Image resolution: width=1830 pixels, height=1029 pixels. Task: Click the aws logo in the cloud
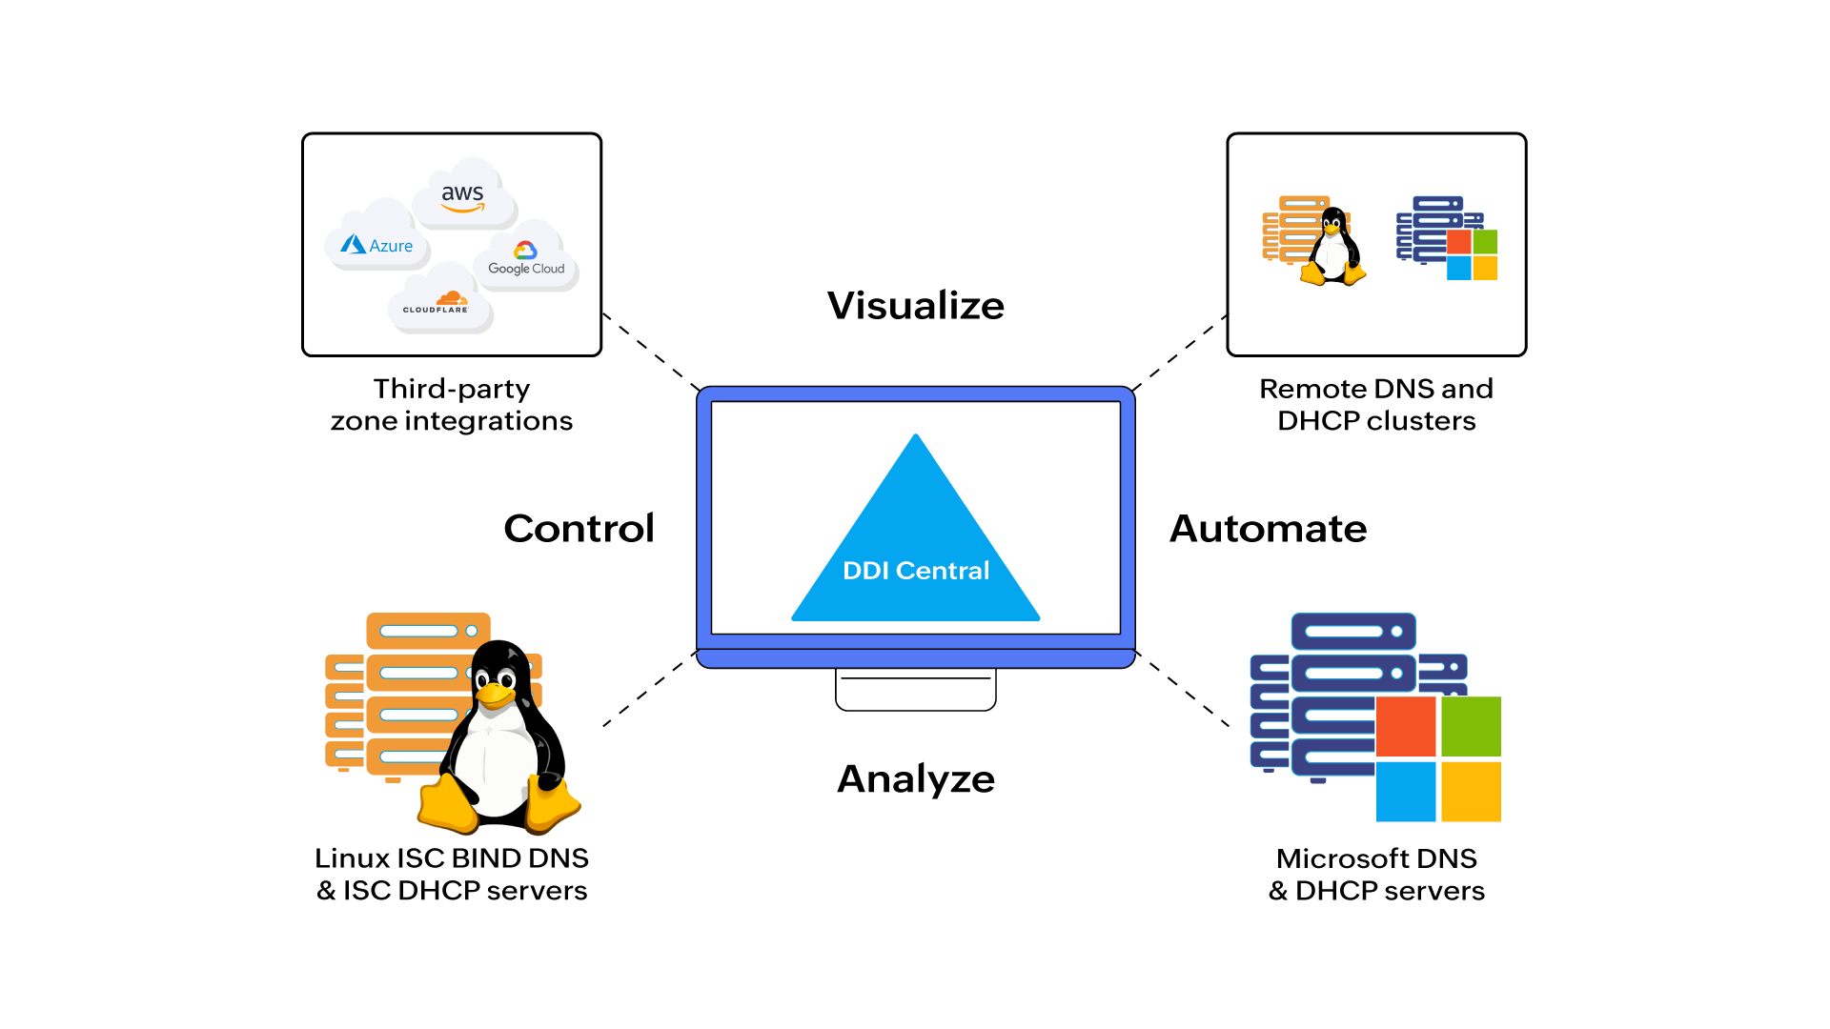462,196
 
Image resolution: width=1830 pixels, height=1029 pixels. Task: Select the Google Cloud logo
526,258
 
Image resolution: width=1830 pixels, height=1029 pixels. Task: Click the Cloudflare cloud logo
437,303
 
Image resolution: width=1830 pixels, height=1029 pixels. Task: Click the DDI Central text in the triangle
916,571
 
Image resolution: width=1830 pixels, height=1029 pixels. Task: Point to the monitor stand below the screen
916,688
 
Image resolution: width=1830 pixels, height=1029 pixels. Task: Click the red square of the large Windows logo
1406,726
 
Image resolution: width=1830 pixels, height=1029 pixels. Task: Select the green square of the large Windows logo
1471,726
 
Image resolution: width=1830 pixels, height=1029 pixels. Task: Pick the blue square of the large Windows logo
1406,791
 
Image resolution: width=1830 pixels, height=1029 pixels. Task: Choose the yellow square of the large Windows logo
1471,791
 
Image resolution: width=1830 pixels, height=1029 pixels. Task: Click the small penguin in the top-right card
1334,246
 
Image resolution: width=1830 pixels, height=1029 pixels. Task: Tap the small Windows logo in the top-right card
1472,254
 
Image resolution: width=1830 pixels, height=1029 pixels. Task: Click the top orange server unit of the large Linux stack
428,631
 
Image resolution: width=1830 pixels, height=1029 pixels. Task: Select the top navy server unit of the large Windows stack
1353,631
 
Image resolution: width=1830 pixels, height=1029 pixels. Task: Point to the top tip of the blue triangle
916,438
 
